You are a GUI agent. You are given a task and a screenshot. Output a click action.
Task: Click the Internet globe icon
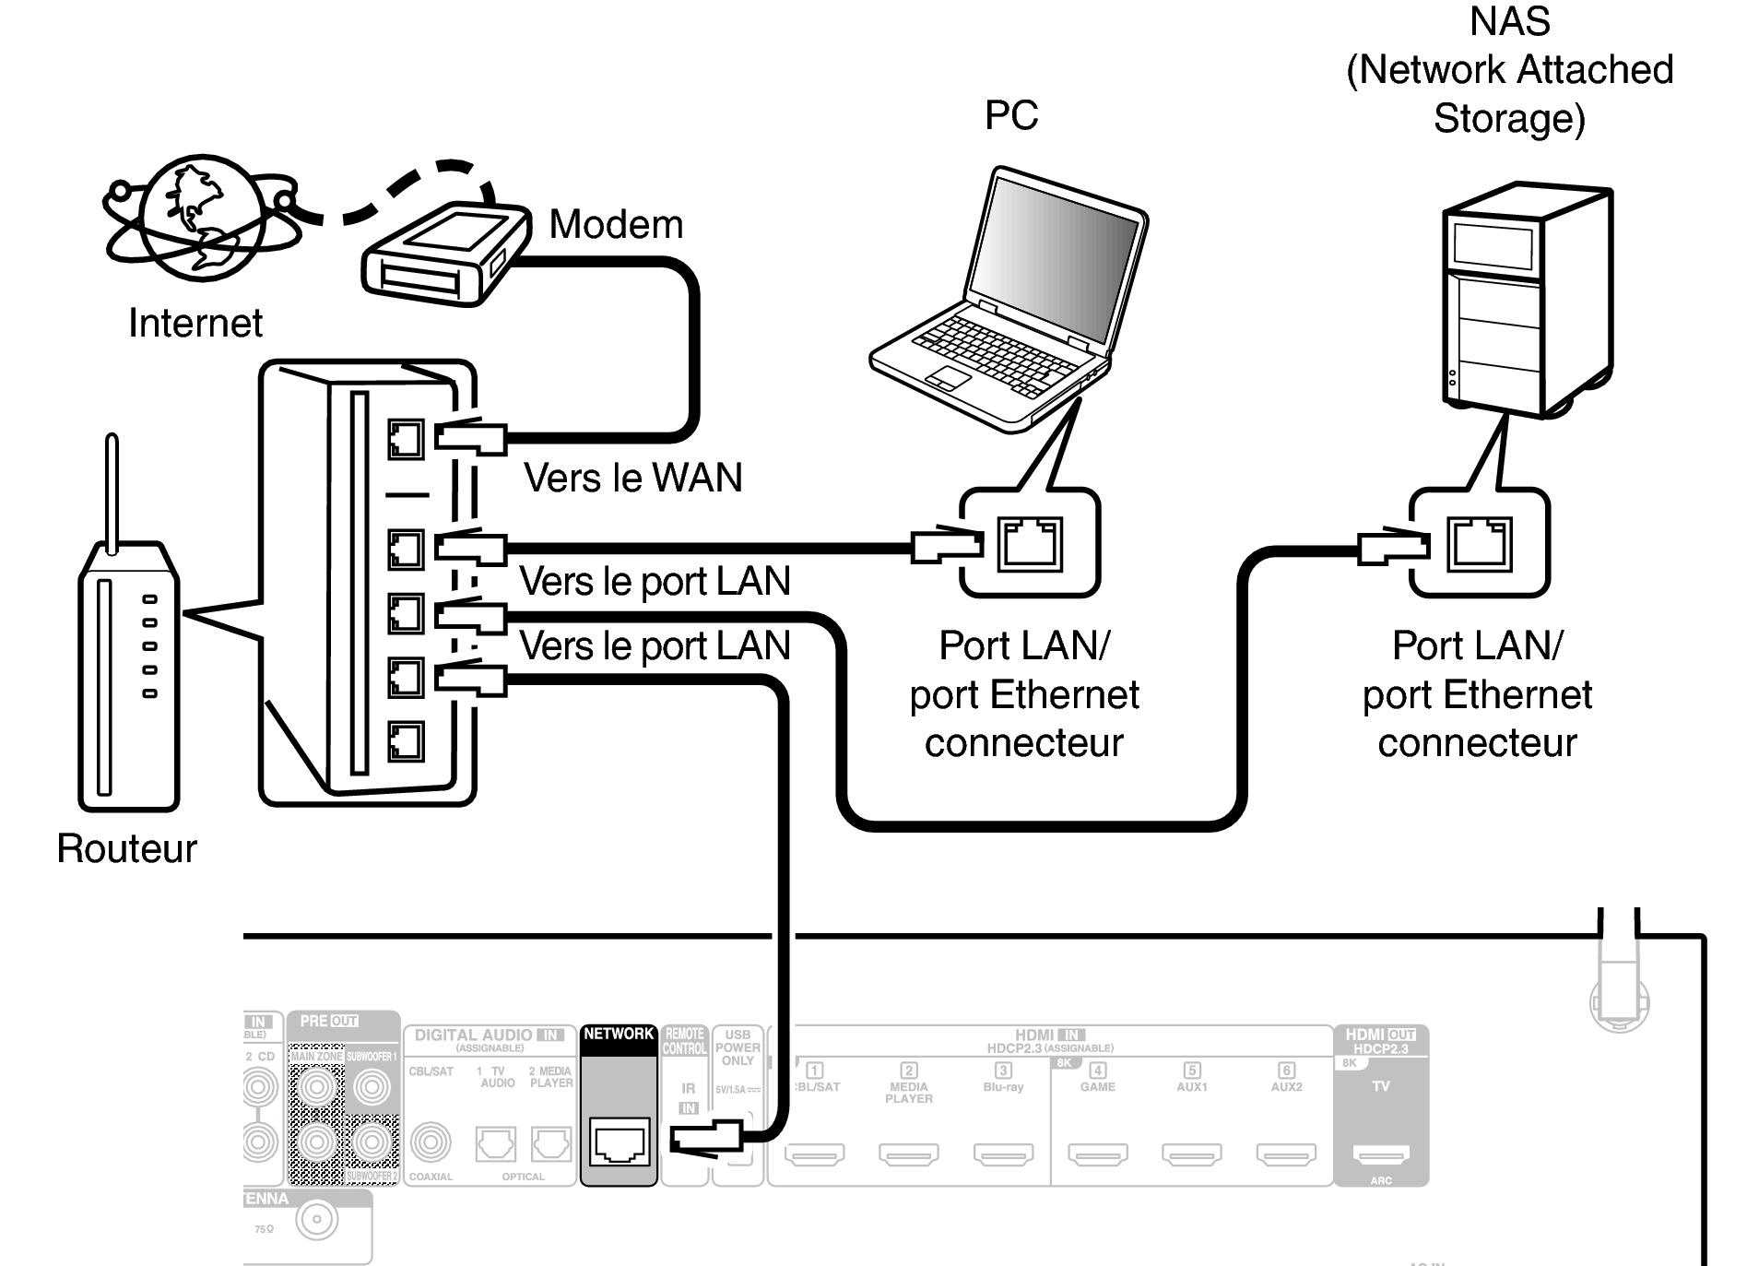(197, 218)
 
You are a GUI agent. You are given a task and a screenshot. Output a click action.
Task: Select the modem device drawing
(446, 254)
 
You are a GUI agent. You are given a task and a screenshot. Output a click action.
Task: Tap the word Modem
(616, 224)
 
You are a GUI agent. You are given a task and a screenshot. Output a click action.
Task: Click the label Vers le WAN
(632, 478)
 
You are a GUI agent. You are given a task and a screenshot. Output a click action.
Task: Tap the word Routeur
(126, 848)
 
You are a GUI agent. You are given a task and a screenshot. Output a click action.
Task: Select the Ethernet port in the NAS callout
(1479, 544)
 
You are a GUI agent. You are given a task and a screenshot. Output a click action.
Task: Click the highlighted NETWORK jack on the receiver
(619, 1143)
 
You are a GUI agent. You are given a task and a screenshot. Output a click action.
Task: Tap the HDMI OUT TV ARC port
(1380, 1154)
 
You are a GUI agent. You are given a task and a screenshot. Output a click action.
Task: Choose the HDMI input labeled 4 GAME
(1097, 1154)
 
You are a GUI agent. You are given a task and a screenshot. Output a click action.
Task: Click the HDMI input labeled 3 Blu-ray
(1003, 1154)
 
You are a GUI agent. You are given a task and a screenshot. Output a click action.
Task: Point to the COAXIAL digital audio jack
(430, 1143)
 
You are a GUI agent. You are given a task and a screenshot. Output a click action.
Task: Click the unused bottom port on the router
(406, 740)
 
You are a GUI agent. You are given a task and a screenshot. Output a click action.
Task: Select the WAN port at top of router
(406, 439)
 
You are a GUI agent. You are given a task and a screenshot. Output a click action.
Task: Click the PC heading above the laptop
(1011, 115)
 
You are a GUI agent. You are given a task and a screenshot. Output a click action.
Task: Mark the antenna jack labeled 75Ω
(316, 1221)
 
